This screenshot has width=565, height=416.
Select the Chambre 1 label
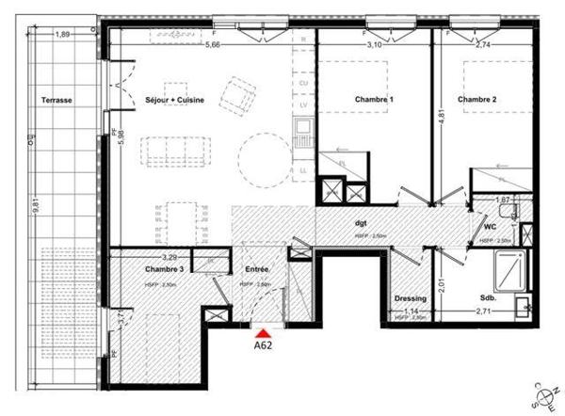click(x=374, y=99)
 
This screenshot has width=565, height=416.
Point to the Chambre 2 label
click(x=477, y=99)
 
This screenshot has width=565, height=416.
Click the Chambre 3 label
click(x=137, y=268)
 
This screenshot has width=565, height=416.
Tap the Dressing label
click(x=411, y=299)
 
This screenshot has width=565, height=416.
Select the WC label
click(x=490, y=227)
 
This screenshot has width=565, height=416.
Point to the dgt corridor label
click(x=360, y=223)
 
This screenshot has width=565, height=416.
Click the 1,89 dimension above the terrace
click(x=64, y=35)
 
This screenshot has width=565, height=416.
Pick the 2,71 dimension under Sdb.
click(x=484, y=311)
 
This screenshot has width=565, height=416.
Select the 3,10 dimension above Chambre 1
click(x=374, y=44)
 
